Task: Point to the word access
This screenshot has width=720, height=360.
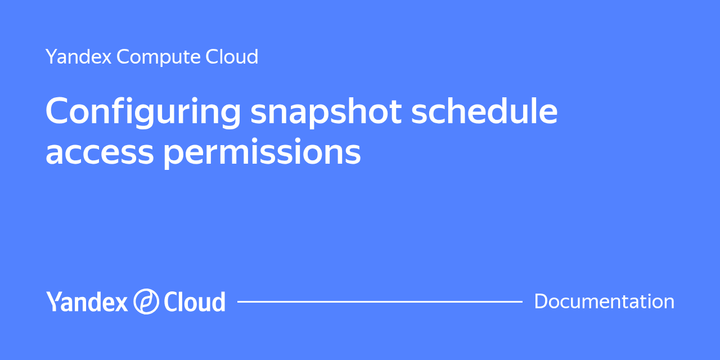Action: click(x=100, y=152)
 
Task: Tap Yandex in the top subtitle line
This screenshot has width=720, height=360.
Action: click(x=78, y=57)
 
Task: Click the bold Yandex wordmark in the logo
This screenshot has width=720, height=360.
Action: click(x=87, y=302)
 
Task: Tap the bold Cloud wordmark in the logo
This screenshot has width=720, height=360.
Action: click(x=194, y=302)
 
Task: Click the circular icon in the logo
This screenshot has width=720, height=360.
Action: click(x=146, y=301)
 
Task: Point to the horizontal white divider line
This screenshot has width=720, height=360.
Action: click(x=380, y=301)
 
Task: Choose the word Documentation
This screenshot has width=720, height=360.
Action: click(x=604, y=301)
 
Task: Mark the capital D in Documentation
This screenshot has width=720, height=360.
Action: click(x=541, y=301)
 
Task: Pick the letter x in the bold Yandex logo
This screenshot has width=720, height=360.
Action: click(x=121, y=304)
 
